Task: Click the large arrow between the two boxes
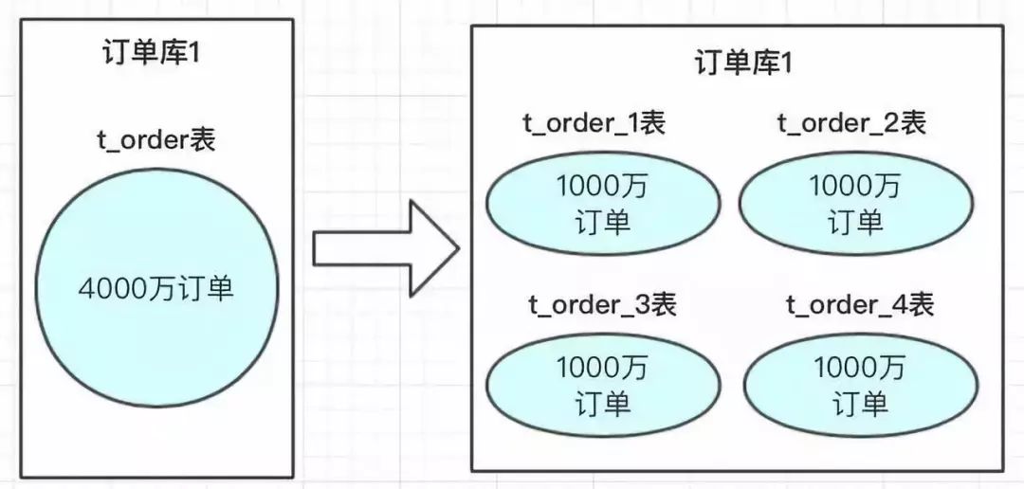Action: [385, 248]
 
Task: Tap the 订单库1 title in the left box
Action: [150, 53]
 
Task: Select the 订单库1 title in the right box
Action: [743, 64]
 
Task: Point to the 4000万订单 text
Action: [156, 289]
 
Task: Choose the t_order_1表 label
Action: [594, 123]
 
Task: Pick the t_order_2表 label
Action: [851, 123]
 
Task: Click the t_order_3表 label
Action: [602, 304]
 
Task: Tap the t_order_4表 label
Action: [860, 304]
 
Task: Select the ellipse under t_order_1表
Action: [602, 203]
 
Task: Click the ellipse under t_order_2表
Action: [856, 203]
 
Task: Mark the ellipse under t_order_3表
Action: [602, 385]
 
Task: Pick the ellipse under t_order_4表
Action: [861, 385]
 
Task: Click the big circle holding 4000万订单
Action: [156, 288]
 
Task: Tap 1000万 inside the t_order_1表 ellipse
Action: [601, 187]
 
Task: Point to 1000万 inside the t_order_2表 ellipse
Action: [855, 187]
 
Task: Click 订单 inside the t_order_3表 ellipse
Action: [603, 403]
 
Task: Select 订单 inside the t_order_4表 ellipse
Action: [861, 403]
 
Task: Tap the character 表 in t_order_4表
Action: [921, 304]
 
